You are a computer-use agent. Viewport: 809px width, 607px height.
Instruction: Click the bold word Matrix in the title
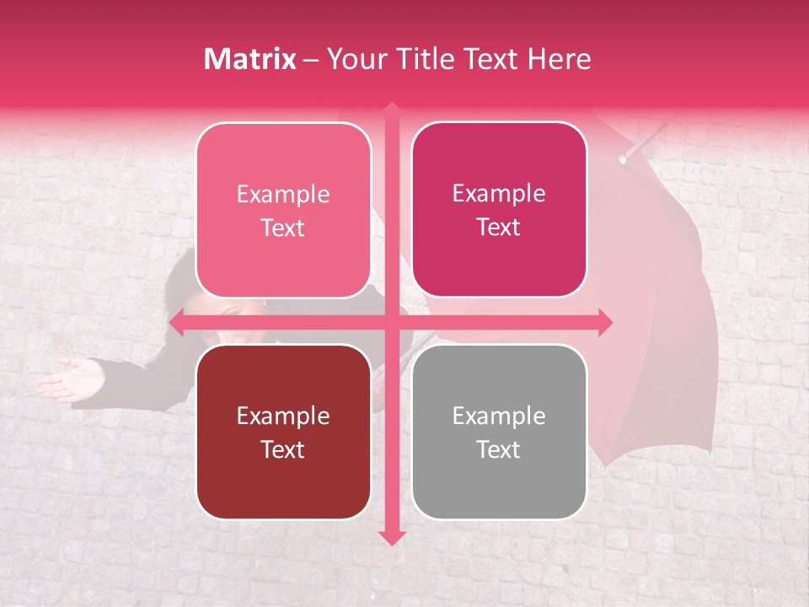(250, 59)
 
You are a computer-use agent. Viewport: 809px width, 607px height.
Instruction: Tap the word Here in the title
(560, 59)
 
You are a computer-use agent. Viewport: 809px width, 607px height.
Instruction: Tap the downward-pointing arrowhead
(391, 536)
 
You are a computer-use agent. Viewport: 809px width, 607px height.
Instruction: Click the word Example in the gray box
(499, 416)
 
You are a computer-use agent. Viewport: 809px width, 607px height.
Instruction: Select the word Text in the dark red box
(283, 449)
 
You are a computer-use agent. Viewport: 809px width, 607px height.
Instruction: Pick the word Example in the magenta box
(499, 193)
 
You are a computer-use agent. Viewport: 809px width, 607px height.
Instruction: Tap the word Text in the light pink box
(283, 228)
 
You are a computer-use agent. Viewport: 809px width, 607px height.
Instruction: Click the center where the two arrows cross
(391, 322)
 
